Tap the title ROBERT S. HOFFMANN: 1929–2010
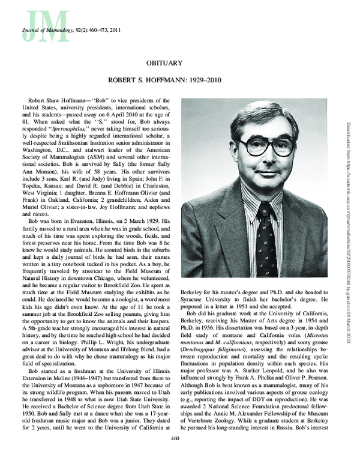pyautogui.click(x=179, y=79)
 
